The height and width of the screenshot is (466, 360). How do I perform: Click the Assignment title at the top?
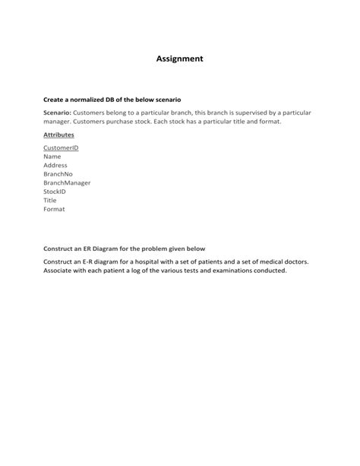pyautogui.click(x=179, y=58)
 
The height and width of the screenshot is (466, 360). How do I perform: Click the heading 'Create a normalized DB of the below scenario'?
pyautogui.click(x=112, y=100)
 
